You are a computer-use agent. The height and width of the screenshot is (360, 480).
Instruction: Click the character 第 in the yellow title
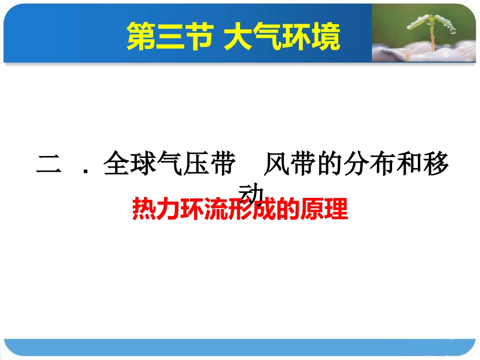[x=140, y=36]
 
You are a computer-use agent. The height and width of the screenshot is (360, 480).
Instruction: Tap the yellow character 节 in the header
[x=196, y=36]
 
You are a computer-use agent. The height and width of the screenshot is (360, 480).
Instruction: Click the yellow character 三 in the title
[x=168, y=36]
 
